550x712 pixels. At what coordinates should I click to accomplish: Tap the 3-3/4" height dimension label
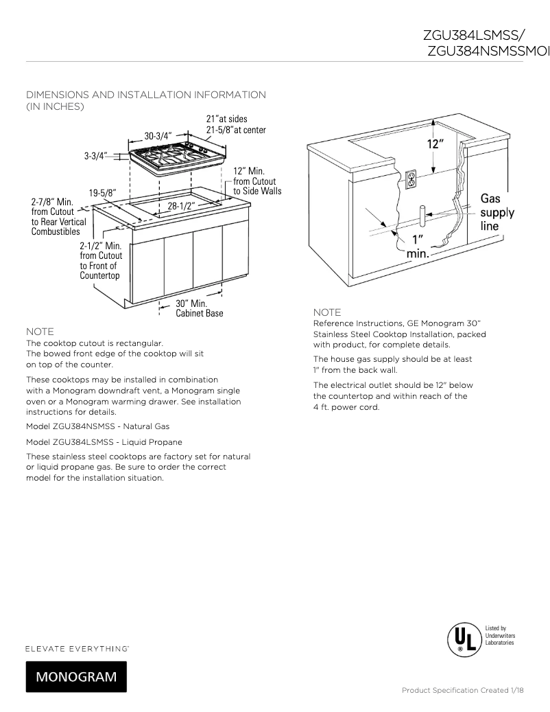[x=96, y=156]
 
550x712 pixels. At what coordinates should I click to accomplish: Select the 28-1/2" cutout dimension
[x=182, y=205]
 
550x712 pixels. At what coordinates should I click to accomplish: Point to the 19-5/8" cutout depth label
[x=102, y=192]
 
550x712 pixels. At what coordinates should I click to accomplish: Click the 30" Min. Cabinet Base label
[x=199, y=308]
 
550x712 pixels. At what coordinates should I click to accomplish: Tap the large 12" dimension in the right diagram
[x=435, y=144]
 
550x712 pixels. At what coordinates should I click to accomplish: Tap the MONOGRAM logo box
[x=76, y=676]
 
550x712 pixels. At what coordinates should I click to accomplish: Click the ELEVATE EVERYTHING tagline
[x=77, y=648]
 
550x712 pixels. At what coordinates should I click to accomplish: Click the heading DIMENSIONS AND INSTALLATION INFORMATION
[x=145, y=94]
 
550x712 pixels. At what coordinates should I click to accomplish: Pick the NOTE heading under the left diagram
[x=40, y=331]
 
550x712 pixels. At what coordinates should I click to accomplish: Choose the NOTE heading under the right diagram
[x=327, y=312]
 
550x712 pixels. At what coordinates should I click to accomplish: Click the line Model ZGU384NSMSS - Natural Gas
[x=97, y=426]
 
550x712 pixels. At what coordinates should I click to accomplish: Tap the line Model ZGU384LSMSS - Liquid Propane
[x=104, y=441]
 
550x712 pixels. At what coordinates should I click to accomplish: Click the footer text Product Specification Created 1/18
[x=462, y=690]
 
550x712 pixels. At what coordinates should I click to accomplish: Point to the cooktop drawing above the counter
[x=177, y=159]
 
